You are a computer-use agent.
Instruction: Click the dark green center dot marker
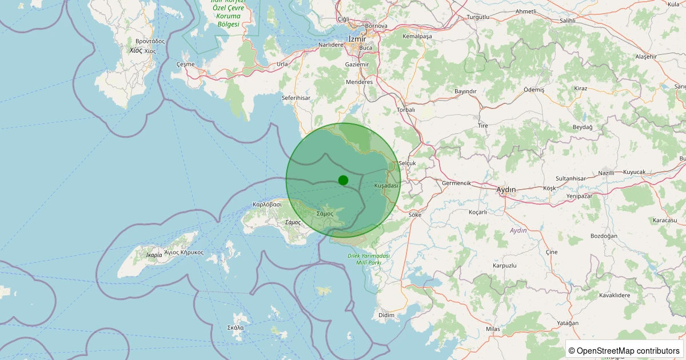tap(343, 180)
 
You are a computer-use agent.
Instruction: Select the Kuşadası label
tap(386, 186)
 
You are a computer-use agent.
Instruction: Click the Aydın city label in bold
tap(506, 189)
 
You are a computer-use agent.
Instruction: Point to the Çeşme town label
tap(186, 64)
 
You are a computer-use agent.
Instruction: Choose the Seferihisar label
tap(296, 98)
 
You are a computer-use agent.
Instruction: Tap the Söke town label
tap(415, 215)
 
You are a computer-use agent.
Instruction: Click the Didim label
tap(386, 315)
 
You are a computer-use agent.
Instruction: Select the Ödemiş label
tap(534, 90)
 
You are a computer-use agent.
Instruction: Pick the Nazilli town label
tap(605, 173)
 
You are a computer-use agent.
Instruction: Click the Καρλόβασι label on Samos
tap(267, 204)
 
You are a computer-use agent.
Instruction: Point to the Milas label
tap(493, 329)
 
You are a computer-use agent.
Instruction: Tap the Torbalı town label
tap(406, 110)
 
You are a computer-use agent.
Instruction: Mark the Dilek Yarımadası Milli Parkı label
tap(369, 259)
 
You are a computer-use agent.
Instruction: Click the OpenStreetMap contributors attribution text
tap(625, 350)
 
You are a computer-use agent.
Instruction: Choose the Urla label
tap(282, 64)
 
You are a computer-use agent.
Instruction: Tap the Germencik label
tap(456, 183)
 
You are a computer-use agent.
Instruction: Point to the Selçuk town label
tap(407, 163)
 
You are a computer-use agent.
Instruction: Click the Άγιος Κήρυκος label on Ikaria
tap(184, 252)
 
